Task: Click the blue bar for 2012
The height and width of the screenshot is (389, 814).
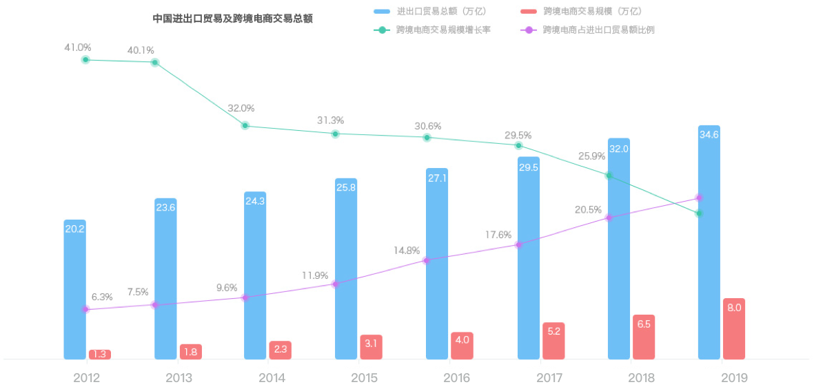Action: (x=74, y=289)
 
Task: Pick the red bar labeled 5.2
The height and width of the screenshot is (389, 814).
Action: (x=553, y=341)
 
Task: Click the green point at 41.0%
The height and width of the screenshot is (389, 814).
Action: (x=85, y=60)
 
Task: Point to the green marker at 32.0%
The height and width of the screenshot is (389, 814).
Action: (x=245, y=126)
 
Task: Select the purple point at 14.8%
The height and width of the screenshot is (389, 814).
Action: (x=427, y=260)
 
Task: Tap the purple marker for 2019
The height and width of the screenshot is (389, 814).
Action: (x=699, y=198)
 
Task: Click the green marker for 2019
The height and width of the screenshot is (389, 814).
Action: (x=699, y=213)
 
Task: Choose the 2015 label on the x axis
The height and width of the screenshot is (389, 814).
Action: (x=364, y=378)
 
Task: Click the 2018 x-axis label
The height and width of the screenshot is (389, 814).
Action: (x=641, y=378)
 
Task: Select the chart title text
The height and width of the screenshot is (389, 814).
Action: (x=232, y=19)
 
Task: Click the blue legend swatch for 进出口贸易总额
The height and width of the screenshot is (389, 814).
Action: (x=382, y=12)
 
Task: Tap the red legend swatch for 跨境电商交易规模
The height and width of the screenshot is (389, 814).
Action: (x=529, y=12)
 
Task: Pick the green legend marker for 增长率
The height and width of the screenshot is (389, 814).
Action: (x=382, y=30)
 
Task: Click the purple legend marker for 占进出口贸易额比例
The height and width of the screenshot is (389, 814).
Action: (x=529, y=30)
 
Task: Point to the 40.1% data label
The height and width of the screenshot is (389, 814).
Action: (x=141, y=50)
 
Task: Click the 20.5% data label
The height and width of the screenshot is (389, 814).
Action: (x=588, y=210)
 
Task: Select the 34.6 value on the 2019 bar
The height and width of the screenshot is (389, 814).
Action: (x=709, y=135)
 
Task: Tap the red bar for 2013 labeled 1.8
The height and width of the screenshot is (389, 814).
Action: (x=191, y=352)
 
